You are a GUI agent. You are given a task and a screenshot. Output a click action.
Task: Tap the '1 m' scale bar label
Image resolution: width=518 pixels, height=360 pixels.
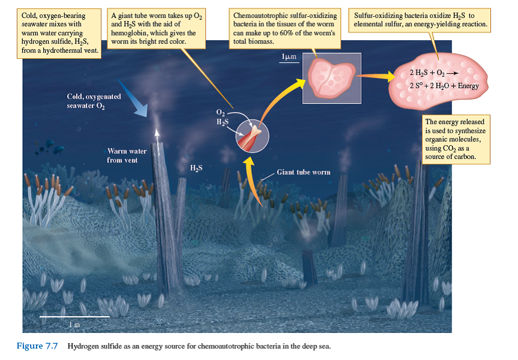pyautogui.click(x=74, y=324)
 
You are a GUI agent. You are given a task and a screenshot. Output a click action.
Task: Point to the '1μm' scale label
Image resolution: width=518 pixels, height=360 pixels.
pyautogui.click(x=289, y=56)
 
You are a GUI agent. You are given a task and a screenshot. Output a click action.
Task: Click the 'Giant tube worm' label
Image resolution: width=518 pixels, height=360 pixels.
pyautogui.click(x=303, y=172)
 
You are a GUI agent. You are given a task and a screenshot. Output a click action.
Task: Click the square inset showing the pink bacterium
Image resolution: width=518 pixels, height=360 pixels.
pyautogui.click(x=328, y=77)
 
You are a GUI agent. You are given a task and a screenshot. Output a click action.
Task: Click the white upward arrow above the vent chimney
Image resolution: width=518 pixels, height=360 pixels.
pyautogui.click(x=157, y=134)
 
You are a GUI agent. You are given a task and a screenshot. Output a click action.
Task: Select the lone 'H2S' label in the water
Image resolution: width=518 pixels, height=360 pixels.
pyautogui.click(x=196, y=167)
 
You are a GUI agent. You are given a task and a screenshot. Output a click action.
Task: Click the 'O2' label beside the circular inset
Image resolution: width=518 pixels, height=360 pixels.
pyautogui.click(x=220, y=113)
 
